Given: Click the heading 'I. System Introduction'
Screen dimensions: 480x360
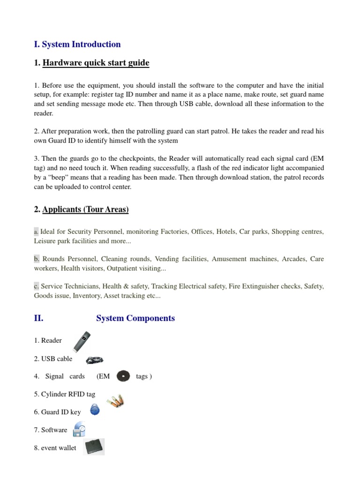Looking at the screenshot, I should coord(77,45).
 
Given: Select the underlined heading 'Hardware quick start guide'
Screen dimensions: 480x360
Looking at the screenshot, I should coord(96,63).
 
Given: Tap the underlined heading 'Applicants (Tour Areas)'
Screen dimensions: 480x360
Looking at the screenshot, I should coord(85,210).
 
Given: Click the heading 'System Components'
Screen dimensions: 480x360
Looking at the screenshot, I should coord(135,318).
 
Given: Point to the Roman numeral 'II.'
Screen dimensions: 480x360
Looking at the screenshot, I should coord(39,318).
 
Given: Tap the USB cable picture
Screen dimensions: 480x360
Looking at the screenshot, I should coord(94,360).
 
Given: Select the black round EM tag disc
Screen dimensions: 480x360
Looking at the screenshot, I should coord(123,376).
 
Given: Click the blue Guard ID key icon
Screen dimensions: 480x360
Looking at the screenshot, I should coord(95,410).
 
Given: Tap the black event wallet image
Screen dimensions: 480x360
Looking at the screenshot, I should coord(94,447).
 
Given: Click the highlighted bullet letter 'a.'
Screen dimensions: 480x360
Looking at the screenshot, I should coord(37,232).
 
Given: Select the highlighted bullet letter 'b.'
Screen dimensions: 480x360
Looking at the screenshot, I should coord(37,259).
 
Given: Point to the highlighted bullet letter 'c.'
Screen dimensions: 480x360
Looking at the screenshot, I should coord(37,286).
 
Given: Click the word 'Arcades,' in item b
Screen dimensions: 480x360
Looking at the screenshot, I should coord(294,259).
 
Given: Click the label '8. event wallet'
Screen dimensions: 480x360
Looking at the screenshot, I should coord(55,448).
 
